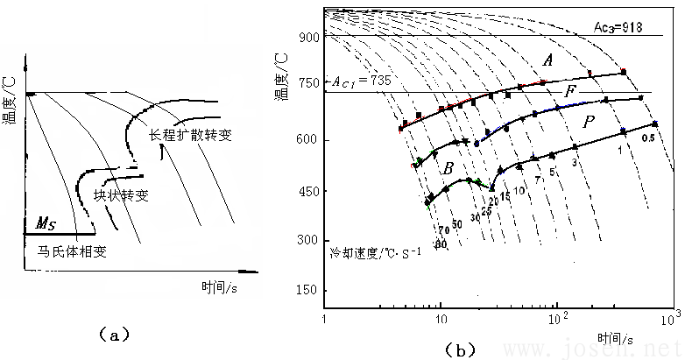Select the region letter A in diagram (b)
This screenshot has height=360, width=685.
[547, 60]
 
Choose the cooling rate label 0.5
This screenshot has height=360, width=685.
[648, 138]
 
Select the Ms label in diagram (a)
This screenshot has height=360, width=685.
[46, 223]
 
